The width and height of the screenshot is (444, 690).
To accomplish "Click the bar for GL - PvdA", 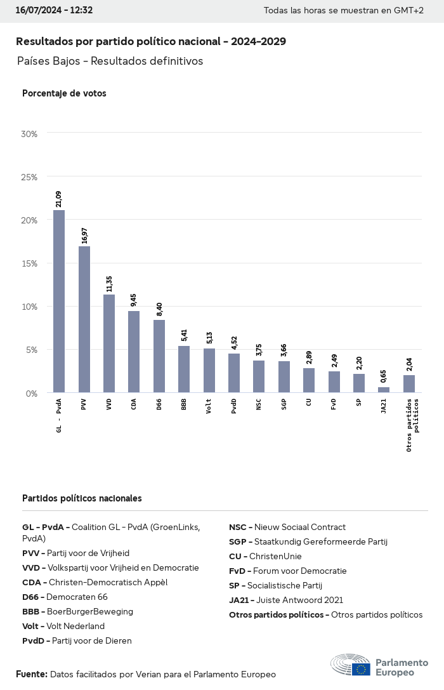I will click(x=59, y=302).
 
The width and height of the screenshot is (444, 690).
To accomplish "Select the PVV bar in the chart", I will click(x=84, y=319).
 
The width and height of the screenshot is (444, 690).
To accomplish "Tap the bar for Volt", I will click(x=209, y=371).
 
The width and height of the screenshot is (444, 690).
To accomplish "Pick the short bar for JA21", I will click(x=384, y=390).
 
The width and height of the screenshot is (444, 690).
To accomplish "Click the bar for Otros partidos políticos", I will click(x=409, y=384).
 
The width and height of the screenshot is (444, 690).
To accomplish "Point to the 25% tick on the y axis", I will click(x=29, y=177).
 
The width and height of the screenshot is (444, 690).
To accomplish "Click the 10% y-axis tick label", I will click(x=29, y=307).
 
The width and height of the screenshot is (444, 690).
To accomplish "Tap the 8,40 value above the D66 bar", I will click(x=159, y=309).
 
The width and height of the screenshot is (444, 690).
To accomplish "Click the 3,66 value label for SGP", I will click(x=284, y=350).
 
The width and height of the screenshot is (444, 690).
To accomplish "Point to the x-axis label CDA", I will click(x=134, y=404).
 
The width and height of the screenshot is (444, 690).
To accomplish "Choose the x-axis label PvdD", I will click(x=234, y=406).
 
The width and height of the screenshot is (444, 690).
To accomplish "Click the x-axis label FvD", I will click(x=334, y=404).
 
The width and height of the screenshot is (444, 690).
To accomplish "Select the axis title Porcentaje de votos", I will click(x=64, y=93).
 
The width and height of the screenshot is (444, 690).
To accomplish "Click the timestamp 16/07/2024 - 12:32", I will click(x=55, y=10).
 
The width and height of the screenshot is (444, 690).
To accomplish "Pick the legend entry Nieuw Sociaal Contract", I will click(x=287, y=527).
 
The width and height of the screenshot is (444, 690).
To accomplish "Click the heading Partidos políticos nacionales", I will click(x=82, y=498).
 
